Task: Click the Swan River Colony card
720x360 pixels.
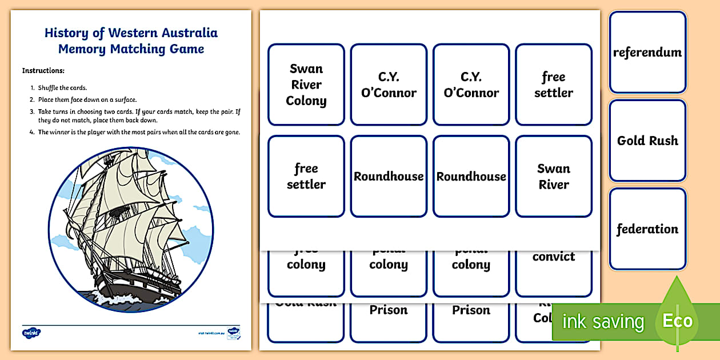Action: point(306,85)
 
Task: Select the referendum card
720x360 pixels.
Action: point(647,52)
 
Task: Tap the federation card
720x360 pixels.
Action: point(647,229)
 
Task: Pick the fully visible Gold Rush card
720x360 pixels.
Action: point(647,141)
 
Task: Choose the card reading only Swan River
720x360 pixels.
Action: point(553,176)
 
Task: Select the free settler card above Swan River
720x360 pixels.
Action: point(553,85)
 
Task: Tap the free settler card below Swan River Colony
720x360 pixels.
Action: point(306,176)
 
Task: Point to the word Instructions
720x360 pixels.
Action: point(43,71)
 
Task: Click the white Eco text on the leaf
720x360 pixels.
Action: point(678,321)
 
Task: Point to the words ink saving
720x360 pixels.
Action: point(603,322)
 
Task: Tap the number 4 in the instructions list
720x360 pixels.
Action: point(32,132)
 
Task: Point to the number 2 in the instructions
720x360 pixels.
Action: point(32,99)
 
